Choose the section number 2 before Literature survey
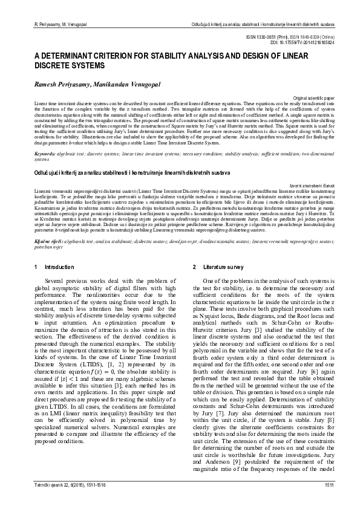point(194,267)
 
